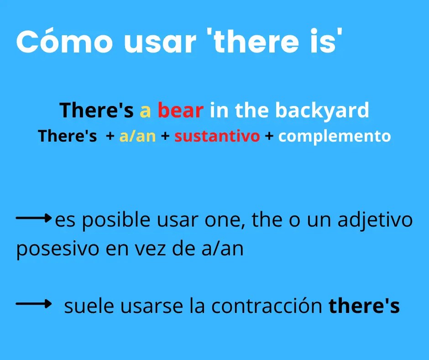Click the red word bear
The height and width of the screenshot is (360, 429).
[x=181, y=110]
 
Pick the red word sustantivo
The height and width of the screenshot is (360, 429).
[x=217, y=136]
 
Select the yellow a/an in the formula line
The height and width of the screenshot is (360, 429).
[x=137, y=136]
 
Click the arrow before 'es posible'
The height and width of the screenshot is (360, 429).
[x=34, y=218]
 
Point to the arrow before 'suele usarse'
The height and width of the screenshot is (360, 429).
[x=34, y=303]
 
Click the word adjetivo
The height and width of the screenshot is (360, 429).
[x=375, y=220]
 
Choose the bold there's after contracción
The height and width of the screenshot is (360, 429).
[x=364, y=307]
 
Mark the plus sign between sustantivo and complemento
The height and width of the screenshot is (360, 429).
[x=269, y=136]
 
